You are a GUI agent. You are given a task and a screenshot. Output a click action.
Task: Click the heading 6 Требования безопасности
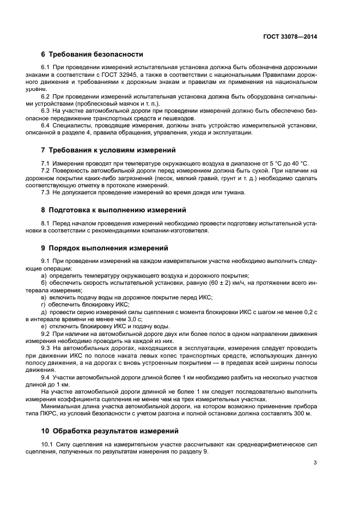92,54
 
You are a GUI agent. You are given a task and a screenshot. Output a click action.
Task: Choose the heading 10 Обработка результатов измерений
110,431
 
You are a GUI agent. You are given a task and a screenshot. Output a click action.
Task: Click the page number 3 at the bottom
315,463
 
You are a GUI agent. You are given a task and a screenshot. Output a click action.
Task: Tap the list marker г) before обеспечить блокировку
44,304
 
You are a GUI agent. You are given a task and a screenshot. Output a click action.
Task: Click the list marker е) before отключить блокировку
44,326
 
